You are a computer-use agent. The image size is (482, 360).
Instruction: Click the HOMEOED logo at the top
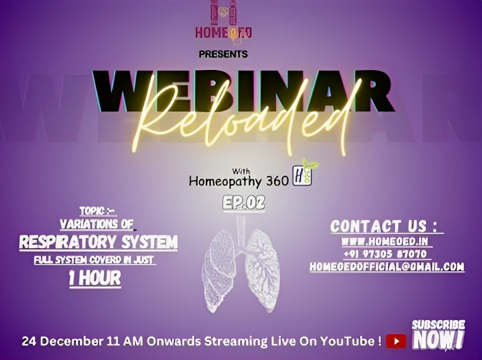(223, 21)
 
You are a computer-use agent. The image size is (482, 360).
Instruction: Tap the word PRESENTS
(223, 54)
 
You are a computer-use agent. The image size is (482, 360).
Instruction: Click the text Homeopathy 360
(239, 181)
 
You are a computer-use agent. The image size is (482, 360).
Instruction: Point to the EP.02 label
(244, 203)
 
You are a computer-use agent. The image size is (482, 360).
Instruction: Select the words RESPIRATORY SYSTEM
(98, 242)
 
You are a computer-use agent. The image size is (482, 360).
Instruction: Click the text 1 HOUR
(95, 278)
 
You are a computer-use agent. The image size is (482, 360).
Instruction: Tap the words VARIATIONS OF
(97, 224)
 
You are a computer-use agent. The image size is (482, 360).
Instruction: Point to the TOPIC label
(97, 211)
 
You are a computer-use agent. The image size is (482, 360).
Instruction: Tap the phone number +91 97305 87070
(385, 254)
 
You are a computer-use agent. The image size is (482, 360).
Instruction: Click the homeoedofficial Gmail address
(387, 267)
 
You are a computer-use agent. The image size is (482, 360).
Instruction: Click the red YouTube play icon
(396, 341)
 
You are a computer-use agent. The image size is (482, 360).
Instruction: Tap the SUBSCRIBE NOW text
(438, 334)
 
